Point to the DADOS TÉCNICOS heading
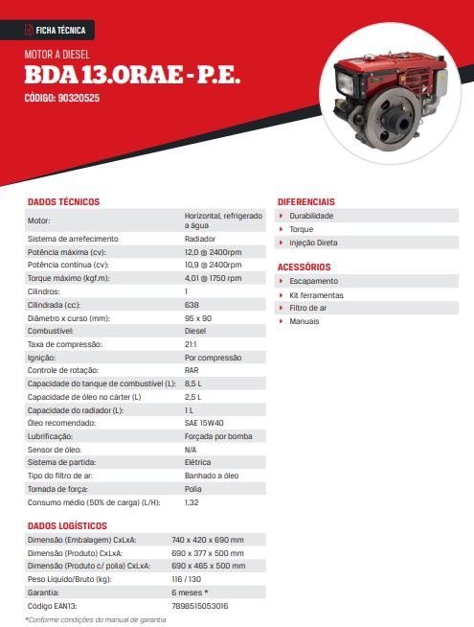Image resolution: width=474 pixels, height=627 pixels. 63,202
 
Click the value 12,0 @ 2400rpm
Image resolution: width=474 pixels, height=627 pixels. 213,251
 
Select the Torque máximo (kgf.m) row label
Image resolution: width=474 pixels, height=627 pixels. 68,278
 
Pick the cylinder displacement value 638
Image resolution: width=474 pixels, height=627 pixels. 192,305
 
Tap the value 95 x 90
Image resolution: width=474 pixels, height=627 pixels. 198,317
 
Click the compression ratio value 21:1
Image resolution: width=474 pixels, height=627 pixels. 191,344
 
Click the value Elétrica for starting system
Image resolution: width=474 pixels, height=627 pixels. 197,463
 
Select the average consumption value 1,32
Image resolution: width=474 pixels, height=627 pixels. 192,502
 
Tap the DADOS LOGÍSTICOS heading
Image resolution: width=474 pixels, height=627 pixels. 67,526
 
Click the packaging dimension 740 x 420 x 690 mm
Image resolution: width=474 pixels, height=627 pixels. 220,540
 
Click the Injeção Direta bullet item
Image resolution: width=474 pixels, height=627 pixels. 313,243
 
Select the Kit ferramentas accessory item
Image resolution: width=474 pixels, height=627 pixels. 316,295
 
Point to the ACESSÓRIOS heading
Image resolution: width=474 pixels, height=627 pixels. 304,267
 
